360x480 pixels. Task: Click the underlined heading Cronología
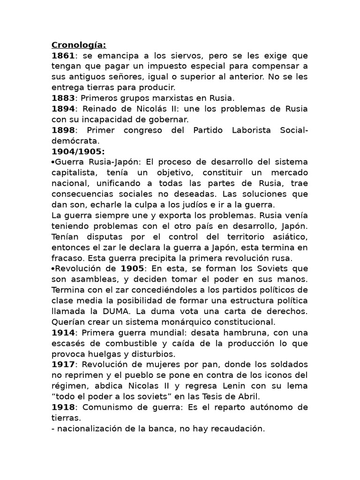pos(79,45)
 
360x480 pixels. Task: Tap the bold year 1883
pos(63,98)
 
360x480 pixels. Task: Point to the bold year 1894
pos(63,109)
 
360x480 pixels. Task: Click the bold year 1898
pos(63,130)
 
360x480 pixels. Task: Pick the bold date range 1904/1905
pos(78,151)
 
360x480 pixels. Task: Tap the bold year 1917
pos(63,364)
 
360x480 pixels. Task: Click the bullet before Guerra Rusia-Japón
pos(53,162)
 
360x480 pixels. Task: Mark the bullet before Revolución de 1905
pos(53,268)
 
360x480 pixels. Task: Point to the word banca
pos(157,428)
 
